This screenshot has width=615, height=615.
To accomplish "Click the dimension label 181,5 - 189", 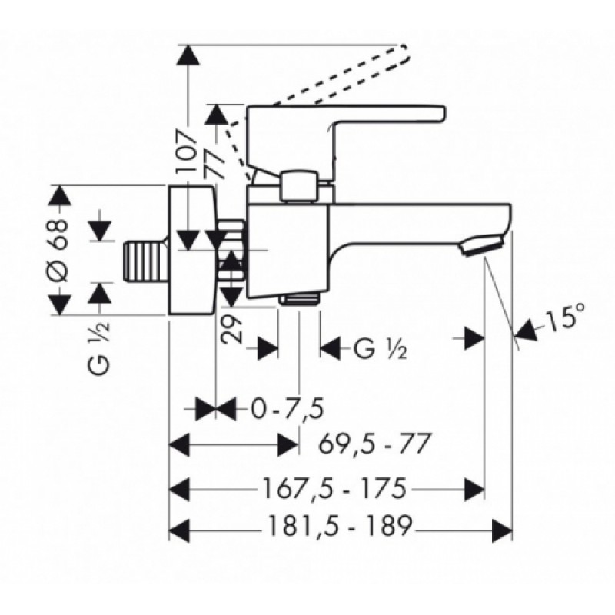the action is (341, 526).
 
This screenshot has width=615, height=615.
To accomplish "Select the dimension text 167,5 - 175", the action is (333, 488).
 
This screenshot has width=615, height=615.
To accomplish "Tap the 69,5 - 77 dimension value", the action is (374, 444).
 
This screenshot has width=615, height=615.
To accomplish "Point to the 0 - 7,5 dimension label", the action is (288, 409).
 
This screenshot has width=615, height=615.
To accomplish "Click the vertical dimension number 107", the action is (185, 151).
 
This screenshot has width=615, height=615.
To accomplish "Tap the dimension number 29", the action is (231, 329).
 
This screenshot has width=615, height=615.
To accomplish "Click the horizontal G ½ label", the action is (380, 349).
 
